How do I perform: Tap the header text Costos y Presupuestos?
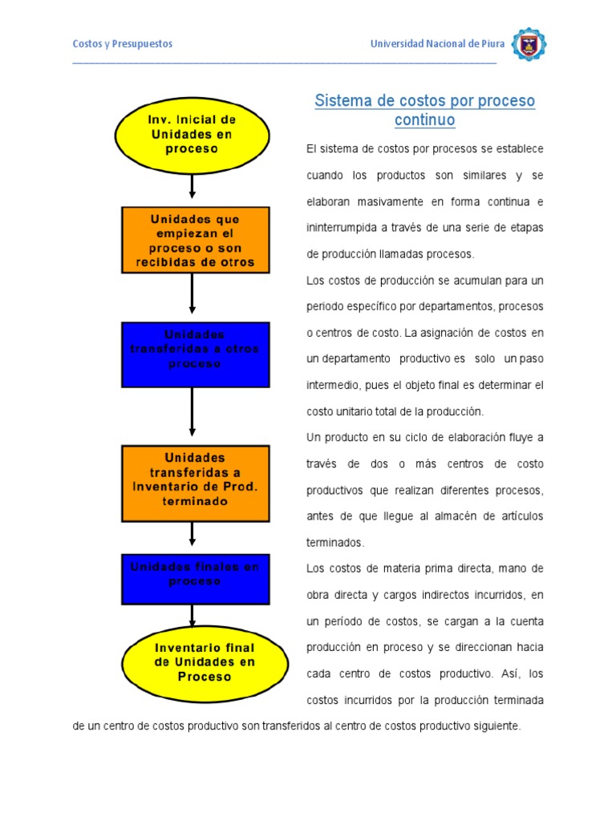123,44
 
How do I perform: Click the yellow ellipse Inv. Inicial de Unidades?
192,134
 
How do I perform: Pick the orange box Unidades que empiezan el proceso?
195,240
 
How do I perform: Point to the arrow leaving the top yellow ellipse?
192,186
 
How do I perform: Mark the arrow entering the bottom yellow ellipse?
192,616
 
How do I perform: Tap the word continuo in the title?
424,120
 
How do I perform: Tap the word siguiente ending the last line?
496,727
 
